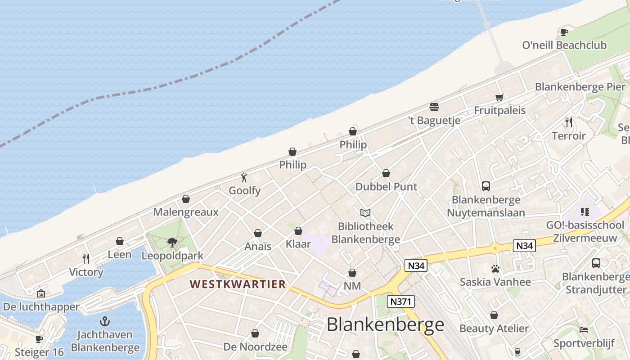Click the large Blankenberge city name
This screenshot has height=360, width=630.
point(385,324)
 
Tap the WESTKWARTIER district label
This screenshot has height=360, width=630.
point(238,284)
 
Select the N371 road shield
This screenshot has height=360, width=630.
point(400,301)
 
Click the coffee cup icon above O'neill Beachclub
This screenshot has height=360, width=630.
point(564,32)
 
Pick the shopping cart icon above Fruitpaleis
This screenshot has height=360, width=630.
point(499,97)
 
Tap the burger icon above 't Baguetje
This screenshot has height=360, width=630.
point(434,107)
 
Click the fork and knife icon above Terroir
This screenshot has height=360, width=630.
point(569,122)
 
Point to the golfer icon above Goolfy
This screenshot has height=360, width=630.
point(244,177)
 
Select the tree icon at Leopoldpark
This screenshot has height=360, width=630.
point(172,243)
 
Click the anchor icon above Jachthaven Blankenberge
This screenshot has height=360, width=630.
point(105,321)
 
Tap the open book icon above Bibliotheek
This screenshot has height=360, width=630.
point(365,213)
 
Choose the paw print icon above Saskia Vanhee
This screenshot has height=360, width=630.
point(495,269)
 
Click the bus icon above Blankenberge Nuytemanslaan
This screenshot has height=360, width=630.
point(486,186)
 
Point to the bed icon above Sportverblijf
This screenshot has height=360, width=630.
point(584,330)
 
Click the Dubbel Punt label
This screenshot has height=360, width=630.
point(386,186)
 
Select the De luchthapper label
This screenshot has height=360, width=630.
point(41,307)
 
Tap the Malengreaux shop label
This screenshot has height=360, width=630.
point(186,212)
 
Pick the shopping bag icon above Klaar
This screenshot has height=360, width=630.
point(298,231)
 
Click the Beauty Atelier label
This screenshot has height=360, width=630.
point(494,328)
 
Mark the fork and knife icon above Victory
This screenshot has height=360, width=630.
point(86,258)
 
